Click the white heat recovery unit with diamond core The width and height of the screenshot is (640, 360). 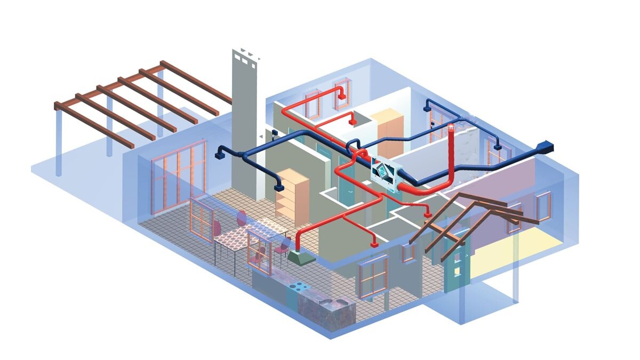coord(386,173)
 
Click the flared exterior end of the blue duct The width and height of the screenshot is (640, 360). coord(547,145)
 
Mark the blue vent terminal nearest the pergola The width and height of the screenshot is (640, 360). coord(219,155)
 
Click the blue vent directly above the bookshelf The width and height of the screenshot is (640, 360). coord(278,187)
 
